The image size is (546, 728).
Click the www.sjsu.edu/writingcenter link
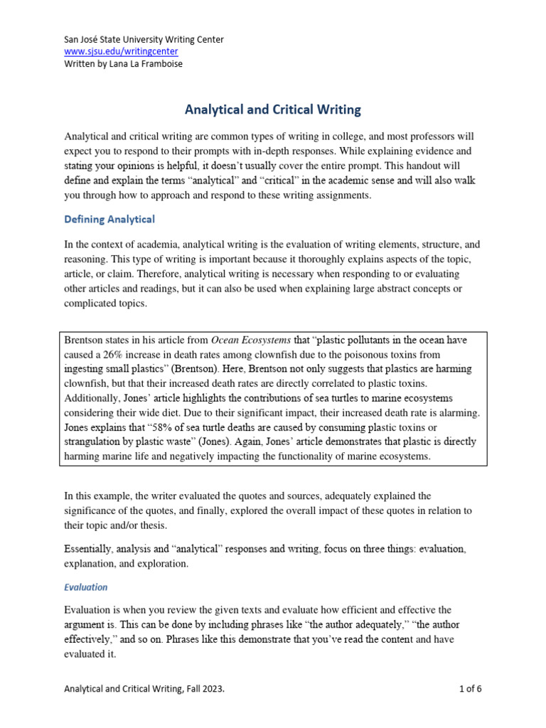[x=121, y=52]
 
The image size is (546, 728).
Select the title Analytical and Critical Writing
[x=273, y=109]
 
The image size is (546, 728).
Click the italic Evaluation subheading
[x=85, y=587]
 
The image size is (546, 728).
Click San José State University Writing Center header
[x=144, y=40]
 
